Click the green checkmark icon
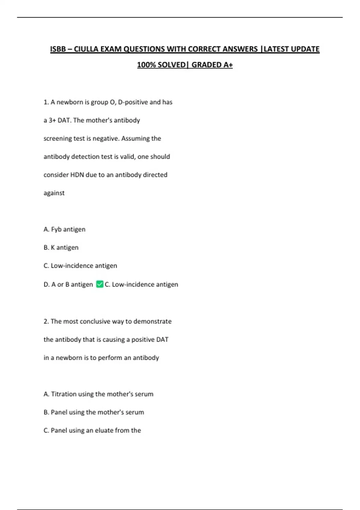(100, 284)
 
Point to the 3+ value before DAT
(52, 120)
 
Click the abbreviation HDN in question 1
(77, 175)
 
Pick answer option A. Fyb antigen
(64, 229)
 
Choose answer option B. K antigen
(61, 247)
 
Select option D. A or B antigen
(68, 284)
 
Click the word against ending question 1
(54, 193)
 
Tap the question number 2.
(46, 321)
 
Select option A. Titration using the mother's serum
(98, 394)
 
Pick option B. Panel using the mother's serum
(94, 412)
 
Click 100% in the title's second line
(146, 65)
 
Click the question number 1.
(46, 102)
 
